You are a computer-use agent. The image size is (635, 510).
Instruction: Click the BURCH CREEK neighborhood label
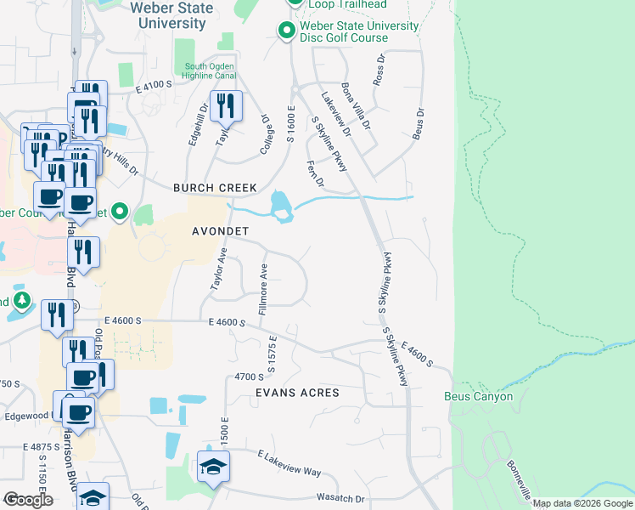pyautogui.click(x=214, y=188)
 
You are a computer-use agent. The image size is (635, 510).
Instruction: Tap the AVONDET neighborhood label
pyautogui.click(x=220, y=231)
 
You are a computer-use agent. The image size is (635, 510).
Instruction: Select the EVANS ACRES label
pyautogui.click(x=297, y=393)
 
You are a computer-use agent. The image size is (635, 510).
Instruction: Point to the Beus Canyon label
pyautogui.click(x=478, y=397)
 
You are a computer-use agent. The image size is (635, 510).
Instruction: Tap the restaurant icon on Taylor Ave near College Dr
pyautogui.click(x=226, y=106)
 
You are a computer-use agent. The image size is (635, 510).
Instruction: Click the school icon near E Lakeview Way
pyautogui.click(x=213, y=466)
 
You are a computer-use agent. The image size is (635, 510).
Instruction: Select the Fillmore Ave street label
pyautogui.click(x=264, y=288)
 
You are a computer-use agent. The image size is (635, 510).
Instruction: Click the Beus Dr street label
pyautogui.click(x=418, y=123)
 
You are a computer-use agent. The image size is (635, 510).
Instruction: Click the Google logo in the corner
pyautogui.click(x=28, y=500)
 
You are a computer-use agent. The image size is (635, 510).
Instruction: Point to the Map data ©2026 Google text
pyautogui.click(x=582, y=503)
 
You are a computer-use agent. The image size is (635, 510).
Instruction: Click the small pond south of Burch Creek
pyautogui.click(x=280, y=207)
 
